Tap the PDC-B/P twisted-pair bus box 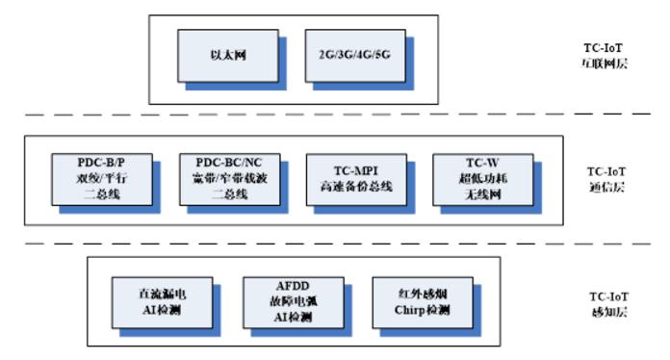[x=102, y=179]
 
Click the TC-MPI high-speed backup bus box [x=352, y=179]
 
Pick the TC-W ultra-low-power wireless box [x=479, y=179]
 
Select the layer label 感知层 [x=610, y=307]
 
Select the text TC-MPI [x=352, y=170]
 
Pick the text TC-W [x=479, y=163]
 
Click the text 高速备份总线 [x=352, y=187]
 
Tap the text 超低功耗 [x=479, y=179]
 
